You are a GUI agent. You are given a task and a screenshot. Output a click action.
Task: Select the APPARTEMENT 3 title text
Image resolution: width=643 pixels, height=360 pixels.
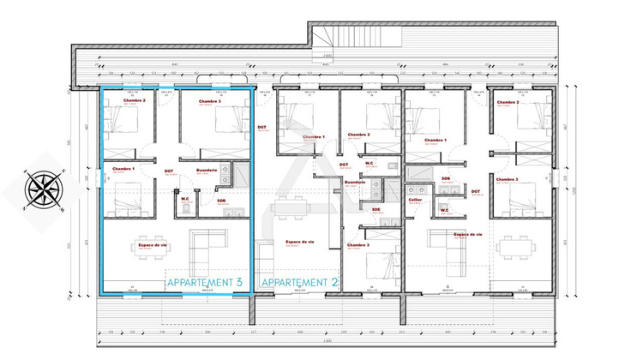pos(205,282)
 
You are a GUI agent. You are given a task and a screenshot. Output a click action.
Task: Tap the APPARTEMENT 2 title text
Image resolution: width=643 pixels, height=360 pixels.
pos(298,282)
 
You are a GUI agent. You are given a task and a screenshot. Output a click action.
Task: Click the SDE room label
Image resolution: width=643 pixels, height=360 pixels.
pos(376,208)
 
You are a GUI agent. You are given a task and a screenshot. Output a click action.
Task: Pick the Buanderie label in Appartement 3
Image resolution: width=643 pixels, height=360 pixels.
pos(207,170)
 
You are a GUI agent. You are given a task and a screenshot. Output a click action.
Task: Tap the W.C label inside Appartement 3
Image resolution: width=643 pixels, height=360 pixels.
pos(184,199)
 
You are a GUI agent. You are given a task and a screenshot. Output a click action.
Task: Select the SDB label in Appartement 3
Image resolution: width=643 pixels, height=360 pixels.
pos(221,201)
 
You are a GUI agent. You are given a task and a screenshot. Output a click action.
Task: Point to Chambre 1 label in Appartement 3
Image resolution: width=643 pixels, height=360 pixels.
pos(123,169)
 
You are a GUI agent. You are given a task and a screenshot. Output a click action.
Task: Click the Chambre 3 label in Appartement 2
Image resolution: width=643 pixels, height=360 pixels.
pos(358,244)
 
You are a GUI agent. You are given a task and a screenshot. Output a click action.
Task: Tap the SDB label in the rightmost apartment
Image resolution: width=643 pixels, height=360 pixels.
pos(446,178)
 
